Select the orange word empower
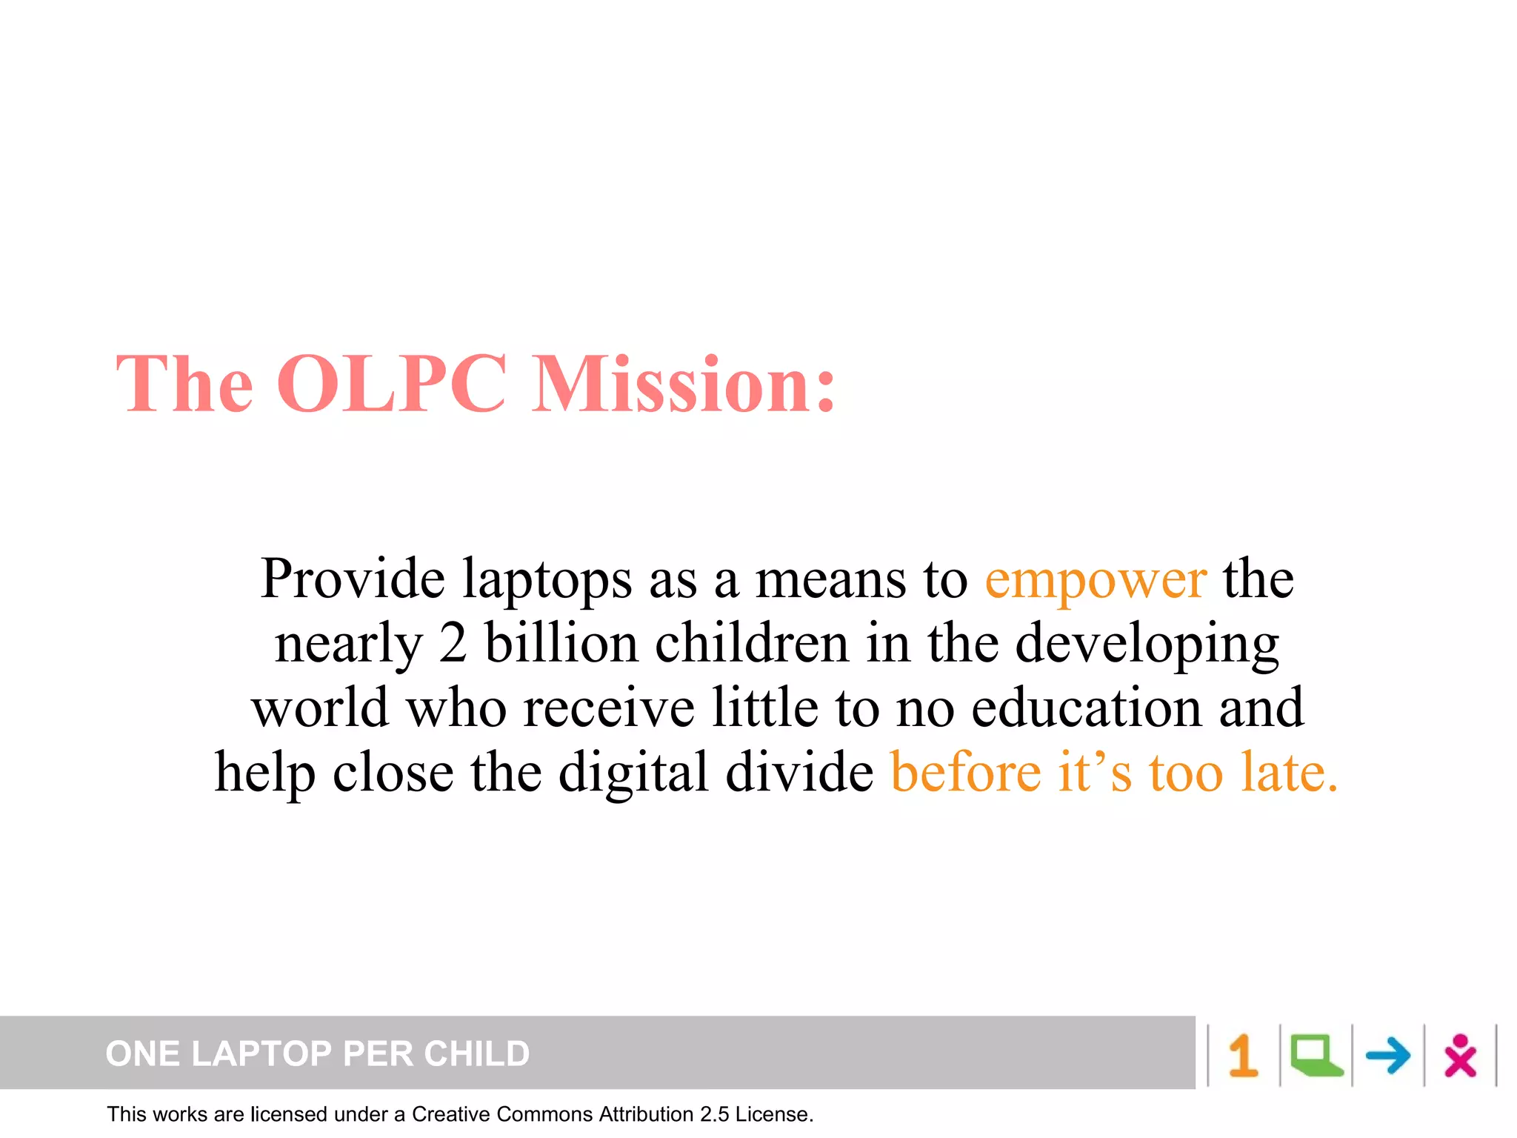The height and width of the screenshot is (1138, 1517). (x=1096, y=579)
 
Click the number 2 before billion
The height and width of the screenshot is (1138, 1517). (x=453, y=642)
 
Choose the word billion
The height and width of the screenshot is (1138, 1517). (x=561, y=642)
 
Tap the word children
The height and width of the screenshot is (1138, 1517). (x=752, y=642)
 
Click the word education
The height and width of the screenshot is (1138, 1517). (x=1087, y=708)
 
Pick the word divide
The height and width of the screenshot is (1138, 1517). (x=799, y=772)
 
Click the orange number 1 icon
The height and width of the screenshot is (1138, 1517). (x=1243, y=1055)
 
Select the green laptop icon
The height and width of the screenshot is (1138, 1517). (x=1316, y=1055)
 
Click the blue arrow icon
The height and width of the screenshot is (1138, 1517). (x=1387, y=1055)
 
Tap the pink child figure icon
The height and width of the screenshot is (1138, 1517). (x=1460, y=1055)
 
